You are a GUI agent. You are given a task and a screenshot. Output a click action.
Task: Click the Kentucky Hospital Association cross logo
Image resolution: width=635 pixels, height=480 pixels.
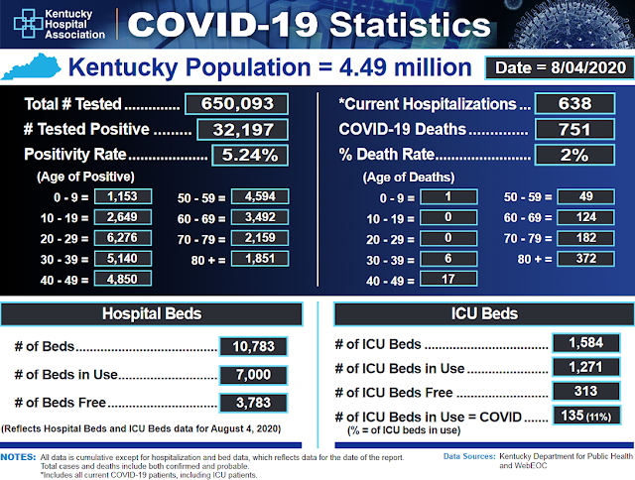(x=28, y=24)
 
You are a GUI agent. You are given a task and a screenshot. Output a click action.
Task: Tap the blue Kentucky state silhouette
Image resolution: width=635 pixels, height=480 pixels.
(x=31, y=66)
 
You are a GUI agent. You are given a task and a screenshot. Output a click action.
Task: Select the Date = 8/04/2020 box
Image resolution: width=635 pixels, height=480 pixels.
(x=560, y=67)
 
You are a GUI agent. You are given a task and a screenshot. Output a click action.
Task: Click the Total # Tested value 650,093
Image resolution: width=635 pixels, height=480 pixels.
(x=237, y=103)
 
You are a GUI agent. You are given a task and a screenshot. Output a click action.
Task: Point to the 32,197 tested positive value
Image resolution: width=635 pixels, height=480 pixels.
(x=243, y=130)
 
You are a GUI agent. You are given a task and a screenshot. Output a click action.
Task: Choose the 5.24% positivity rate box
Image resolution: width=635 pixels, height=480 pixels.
(x=250, y=155)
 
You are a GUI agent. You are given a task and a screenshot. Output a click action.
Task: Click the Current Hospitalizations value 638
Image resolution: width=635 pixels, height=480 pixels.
(x=574, y=103)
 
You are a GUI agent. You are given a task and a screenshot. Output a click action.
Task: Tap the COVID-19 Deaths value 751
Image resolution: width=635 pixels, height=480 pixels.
(x=574, y=130)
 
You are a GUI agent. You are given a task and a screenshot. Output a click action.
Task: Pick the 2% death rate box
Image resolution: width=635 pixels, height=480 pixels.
(x=574, y=155)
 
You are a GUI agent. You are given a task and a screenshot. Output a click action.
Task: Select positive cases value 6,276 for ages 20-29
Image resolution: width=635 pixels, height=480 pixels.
(x=123, y=238)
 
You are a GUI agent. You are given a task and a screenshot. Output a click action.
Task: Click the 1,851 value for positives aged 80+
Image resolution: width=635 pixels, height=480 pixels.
(x=260, y=258)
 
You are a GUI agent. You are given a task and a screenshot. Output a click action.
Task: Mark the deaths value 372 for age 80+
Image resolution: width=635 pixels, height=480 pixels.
(x=585, y=258)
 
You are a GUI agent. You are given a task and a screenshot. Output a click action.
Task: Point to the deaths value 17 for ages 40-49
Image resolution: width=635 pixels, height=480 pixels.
(x=448, y=279)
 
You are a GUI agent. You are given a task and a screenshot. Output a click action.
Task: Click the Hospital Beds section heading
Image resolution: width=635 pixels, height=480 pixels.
(x=152, y=313)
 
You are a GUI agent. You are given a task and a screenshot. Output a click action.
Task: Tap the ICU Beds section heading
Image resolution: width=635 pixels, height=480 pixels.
(x=484, y=313)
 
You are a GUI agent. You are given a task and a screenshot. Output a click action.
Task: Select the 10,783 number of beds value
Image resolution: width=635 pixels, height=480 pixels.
(x=254, y=346)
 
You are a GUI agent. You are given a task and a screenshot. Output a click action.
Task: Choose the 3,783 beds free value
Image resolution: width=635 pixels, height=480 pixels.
(x=254, y=403)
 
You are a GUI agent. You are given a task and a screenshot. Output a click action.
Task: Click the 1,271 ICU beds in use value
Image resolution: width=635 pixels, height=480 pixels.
(x=586, y=367)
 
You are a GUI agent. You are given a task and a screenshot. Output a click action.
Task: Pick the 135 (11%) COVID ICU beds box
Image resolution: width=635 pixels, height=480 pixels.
(x=586, y=416)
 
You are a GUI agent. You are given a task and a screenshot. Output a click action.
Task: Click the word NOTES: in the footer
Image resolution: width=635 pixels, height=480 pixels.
(x=18, y=457)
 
